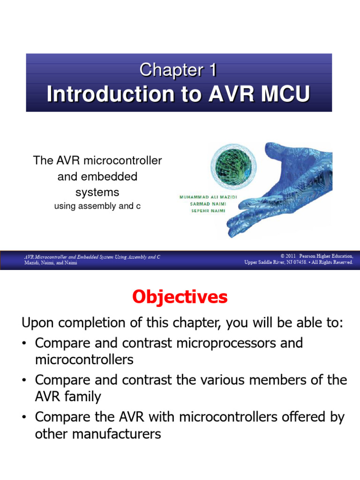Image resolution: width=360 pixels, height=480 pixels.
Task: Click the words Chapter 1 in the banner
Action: (x=179, y=70)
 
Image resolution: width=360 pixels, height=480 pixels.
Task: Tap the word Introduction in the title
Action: (x=101, y=94)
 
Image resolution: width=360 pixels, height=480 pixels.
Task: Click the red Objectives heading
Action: (x=180, y=297)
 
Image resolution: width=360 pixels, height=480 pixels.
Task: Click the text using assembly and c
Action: (x=97, y=206)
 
